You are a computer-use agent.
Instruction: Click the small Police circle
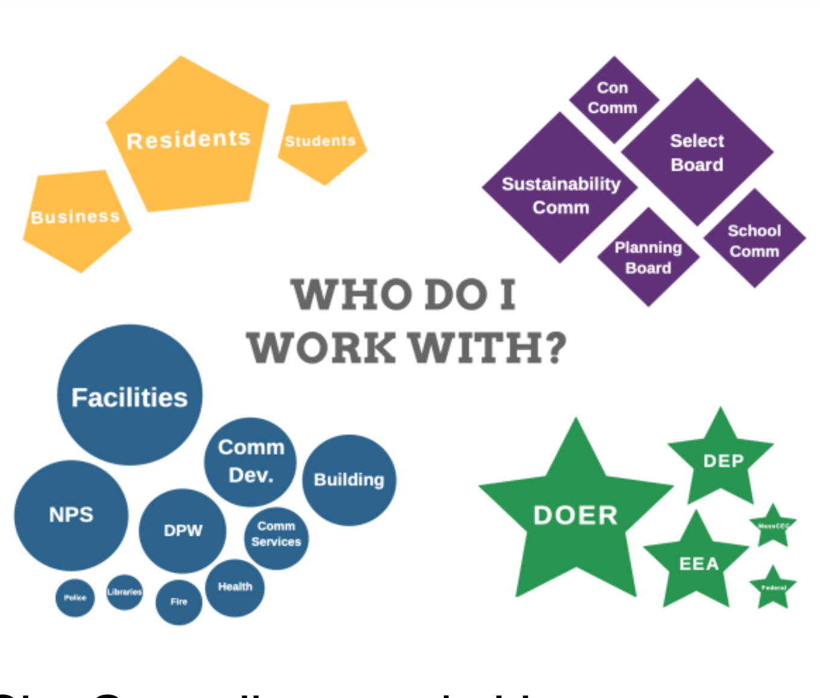click(x=75, y=597)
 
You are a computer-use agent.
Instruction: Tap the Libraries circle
click(x=124, y=592)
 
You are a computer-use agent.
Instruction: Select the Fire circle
click(x=178, y=602)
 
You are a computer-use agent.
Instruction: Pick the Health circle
click(x=235, y=587)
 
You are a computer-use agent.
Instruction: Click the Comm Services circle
click(x=276, y=535)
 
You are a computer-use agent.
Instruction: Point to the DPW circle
click(x=183, y=530)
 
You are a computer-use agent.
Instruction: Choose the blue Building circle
click(x=349, y=480)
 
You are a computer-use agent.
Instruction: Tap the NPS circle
click(x=71, y=515)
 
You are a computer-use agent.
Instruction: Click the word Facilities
click(x=130, y=398)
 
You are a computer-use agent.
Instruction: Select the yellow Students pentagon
click(x=321, y=142)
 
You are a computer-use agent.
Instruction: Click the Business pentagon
click(x=76, y=217)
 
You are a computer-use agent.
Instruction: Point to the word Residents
click(x=188, y=140)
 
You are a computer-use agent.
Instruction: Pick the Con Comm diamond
click(x=613, y=98)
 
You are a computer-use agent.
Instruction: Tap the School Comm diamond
click(x=754, y=241)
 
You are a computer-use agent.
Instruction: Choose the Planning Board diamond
click(x=648, y=257)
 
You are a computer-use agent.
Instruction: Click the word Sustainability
click(x=561, y=184)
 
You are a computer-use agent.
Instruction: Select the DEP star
click(x=722, y=461)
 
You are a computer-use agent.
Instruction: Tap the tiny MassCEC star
click(x=773, y=526)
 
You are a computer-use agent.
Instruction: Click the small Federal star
click(x=773, y=588)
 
